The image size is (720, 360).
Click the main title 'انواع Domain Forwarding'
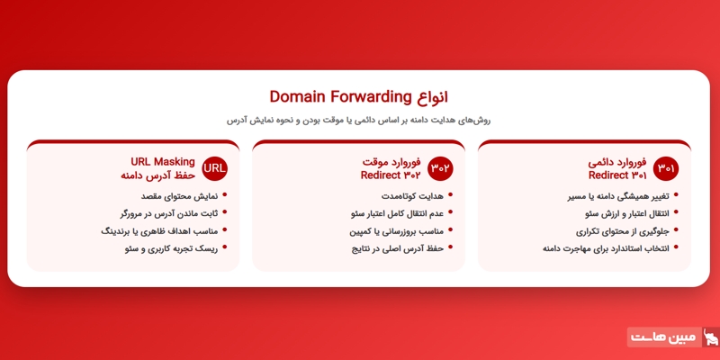tap(358, 96)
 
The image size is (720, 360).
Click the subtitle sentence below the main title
tap(358, 120)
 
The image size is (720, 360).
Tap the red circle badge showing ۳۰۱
tap(666, 168)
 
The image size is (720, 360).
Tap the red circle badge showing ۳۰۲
tap(441, 168)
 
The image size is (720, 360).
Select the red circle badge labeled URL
tap(215, 168)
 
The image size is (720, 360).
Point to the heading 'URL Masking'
tap(163, 162)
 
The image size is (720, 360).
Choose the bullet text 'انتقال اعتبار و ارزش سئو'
tap(615, 213)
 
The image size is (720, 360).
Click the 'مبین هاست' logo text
tap(662, 337)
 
